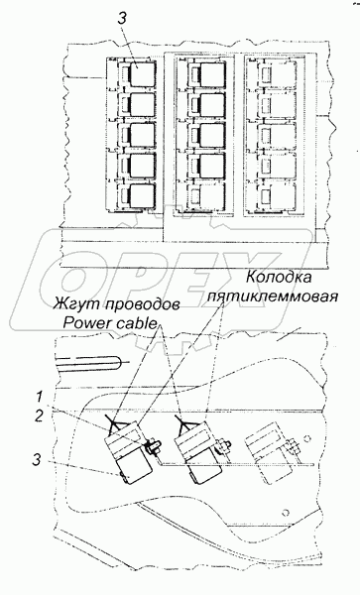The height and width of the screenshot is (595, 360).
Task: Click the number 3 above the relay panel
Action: pyautogui.click(x=121, y=20)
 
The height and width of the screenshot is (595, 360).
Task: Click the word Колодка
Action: pyautogui.click(x=279, y=278)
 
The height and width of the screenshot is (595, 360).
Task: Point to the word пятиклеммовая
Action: pyautogui.click(x=273, y=296)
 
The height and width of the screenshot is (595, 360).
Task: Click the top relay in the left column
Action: pyautogui.click(x=138, y=74)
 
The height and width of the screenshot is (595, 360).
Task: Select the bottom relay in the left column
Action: pyautogui.click(x=138, y=195)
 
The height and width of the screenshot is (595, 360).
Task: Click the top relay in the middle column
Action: pyautogui.click(x=207, y=74)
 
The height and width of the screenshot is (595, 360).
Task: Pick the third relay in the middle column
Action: pyautogui.click(x=207, y=136)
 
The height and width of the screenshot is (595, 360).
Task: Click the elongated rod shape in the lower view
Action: pyautogui.click(x=90, y=363)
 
